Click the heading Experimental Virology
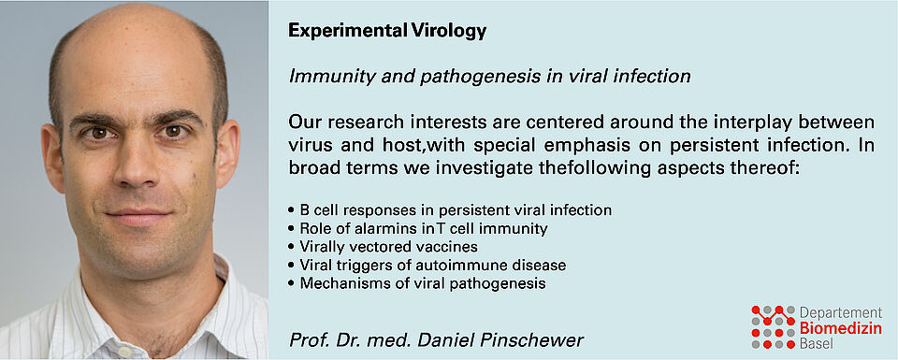click(387, 32)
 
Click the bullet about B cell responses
click(450, 210)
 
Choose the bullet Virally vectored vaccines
click(384, 247)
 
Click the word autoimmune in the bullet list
click(475, 265)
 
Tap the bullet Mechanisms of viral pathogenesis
click(417, 283)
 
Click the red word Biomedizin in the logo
click(840, 329)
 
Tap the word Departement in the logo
click(840, 313)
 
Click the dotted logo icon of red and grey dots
click(773, 327)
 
